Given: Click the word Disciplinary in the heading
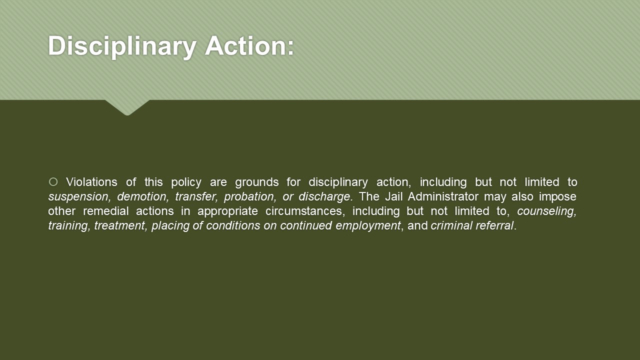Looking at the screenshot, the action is click(122, 46).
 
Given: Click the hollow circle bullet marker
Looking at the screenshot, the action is click(53, 181).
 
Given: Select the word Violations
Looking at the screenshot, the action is click(91, 182).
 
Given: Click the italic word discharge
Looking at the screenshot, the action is click(324, 197).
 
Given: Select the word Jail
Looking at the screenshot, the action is click(393, 196).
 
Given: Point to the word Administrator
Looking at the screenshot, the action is click(443, 196).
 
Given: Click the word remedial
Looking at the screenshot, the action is click(105, 211).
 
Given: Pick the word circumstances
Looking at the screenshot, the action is click(303, 211).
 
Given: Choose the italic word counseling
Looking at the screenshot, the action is click(547, 211).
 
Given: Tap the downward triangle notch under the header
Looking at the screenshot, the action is click(127, 107).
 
